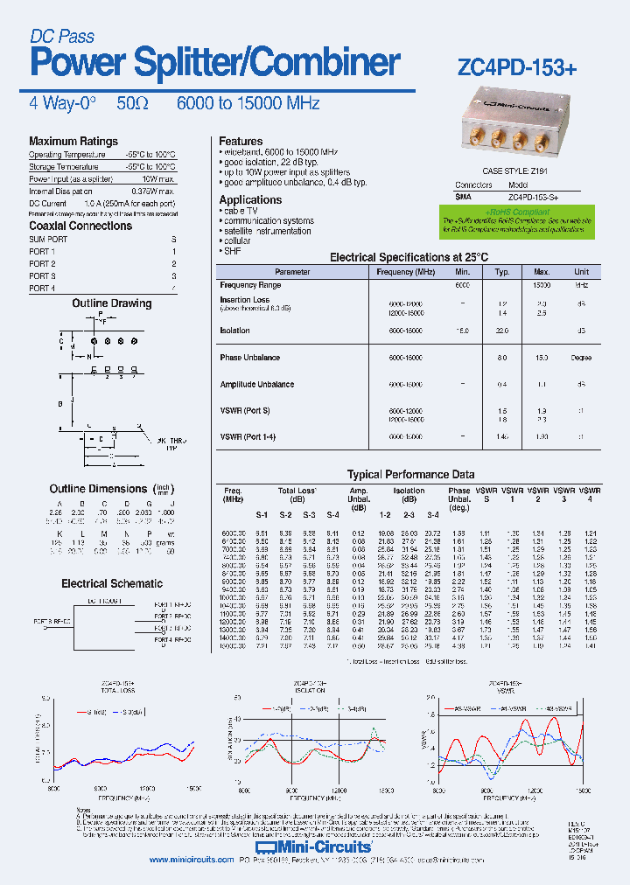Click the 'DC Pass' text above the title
[62, 37]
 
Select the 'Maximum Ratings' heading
[73, 142]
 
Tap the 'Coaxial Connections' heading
[80, 226]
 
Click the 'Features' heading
[241, 141]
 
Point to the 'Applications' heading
[250, 200]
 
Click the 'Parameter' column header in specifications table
[292, 272]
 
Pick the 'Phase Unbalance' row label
[250, 358]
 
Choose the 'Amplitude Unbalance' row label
[257, 385]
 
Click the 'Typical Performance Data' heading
[410, 474]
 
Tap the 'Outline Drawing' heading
[111, 303]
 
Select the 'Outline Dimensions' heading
[99, 489]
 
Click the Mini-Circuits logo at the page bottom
[314, 847]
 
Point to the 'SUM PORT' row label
[48, 240]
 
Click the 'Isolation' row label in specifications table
[235, 331]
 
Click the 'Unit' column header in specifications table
[581, 272]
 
